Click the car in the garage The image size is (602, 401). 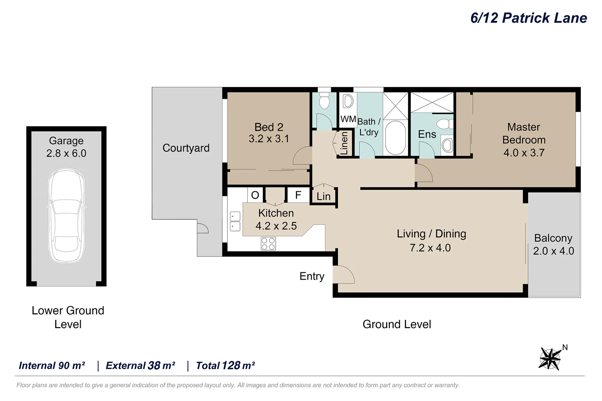[x=66, y=215]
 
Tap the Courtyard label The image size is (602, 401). [x=186, y=148]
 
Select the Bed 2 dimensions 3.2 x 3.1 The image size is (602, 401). [x=269, y=139]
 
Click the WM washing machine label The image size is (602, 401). [x=348, y=119]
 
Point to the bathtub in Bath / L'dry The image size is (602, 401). [x=395, y=138]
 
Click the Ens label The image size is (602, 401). [x=427, y=134]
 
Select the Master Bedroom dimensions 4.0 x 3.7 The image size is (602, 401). [x=524, y=153]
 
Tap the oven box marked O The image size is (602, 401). [x=255, y=195]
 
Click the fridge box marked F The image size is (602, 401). [x=298, y=195]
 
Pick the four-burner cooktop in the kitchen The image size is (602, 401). [x=268, y=244]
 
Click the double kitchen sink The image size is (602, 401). [x=235, y=221]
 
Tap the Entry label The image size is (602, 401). [x=312, y=276]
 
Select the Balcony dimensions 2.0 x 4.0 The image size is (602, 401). [x=553, y=251]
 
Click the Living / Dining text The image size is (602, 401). [x=431, y=234]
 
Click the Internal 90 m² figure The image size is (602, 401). [x=52, y=366]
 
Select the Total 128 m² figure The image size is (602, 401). [x=225, y=366]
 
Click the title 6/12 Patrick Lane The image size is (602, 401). [x=528, y=18]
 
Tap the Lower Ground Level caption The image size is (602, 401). [x=68, y=317]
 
